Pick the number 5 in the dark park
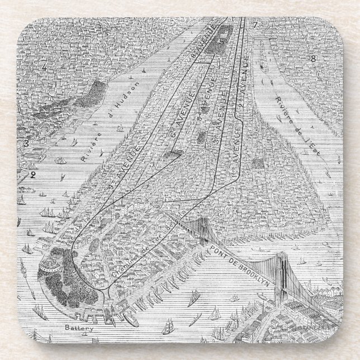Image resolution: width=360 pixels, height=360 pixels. (205, 41)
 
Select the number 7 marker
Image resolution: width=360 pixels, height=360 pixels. (254, 25)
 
